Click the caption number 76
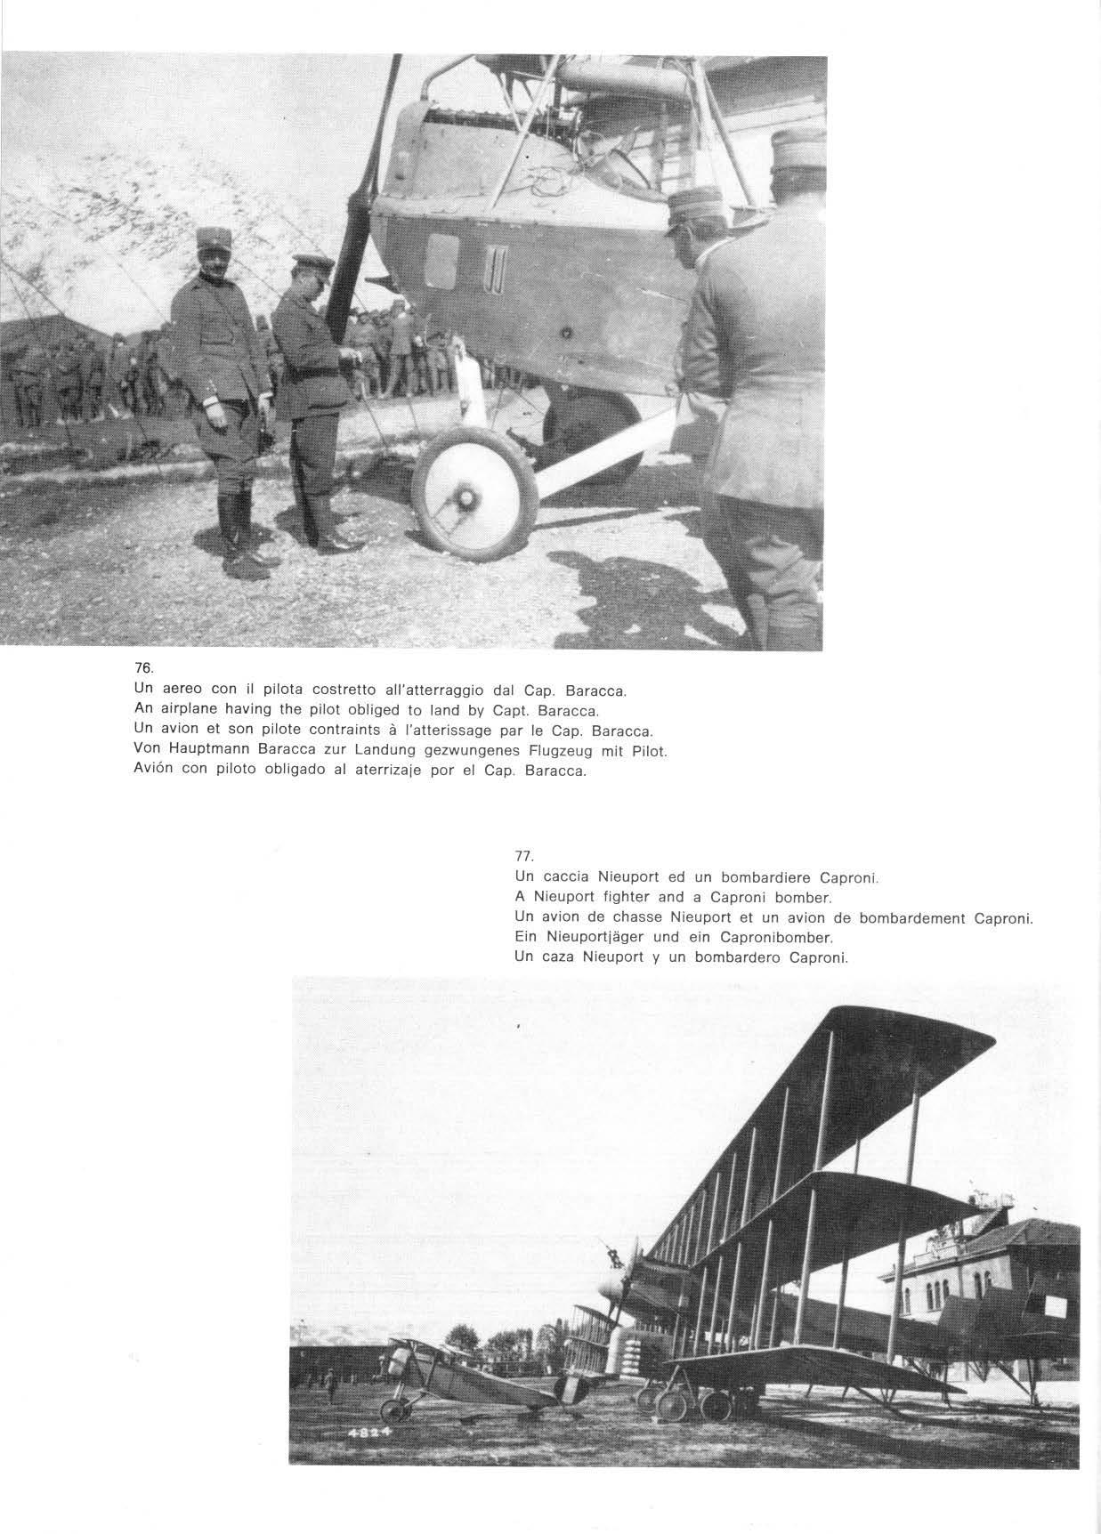(x=141, y=668)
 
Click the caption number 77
(x=523, y=856)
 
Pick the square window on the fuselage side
(x=441, y=262)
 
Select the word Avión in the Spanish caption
(x=153, y=771)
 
